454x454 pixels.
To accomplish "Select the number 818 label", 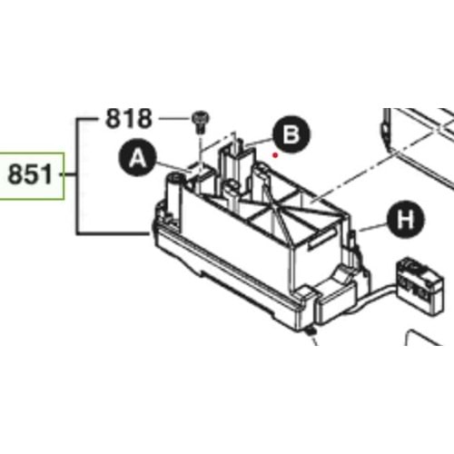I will point(129,117).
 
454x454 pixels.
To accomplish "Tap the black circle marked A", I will point(137,160).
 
